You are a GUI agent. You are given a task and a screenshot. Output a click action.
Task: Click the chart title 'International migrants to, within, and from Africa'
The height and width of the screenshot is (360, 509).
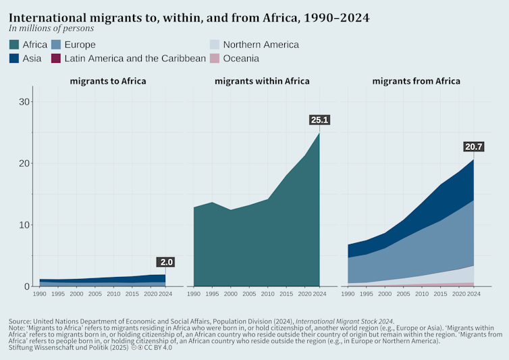tap(189, 18)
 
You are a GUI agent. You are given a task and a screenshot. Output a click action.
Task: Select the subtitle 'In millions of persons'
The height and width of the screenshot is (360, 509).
tap(51, 29)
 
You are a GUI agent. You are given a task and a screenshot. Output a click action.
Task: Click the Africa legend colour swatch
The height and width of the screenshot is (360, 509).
tap(14, 45)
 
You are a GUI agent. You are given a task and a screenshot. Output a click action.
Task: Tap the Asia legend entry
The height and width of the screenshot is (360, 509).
tap(25, 59)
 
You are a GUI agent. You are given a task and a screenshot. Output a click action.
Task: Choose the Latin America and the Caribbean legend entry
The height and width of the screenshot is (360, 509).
tap(128, 59)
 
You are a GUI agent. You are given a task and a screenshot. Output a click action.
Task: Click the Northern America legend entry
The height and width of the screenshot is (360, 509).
tap(254, 45)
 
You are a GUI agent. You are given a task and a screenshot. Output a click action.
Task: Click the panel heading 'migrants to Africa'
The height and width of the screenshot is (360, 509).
tap(108, 81)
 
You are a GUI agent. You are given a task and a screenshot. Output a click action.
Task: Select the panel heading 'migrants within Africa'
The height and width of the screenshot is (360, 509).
tap(262, 81)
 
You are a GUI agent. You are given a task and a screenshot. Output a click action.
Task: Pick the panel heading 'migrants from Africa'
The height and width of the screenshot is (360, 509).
tap(416, 81)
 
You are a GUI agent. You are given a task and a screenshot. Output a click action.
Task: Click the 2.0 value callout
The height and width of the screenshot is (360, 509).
tap(165, 262)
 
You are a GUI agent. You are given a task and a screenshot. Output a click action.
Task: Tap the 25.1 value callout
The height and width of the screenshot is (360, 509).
tap(319, 120)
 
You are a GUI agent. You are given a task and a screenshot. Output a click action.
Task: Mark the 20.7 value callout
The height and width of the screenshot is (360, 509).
tap(473, 147)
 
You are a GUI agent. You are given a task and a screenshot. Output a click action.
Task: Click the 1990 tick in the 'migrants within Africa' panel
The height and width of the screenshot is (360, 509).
tap(194, 294)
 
